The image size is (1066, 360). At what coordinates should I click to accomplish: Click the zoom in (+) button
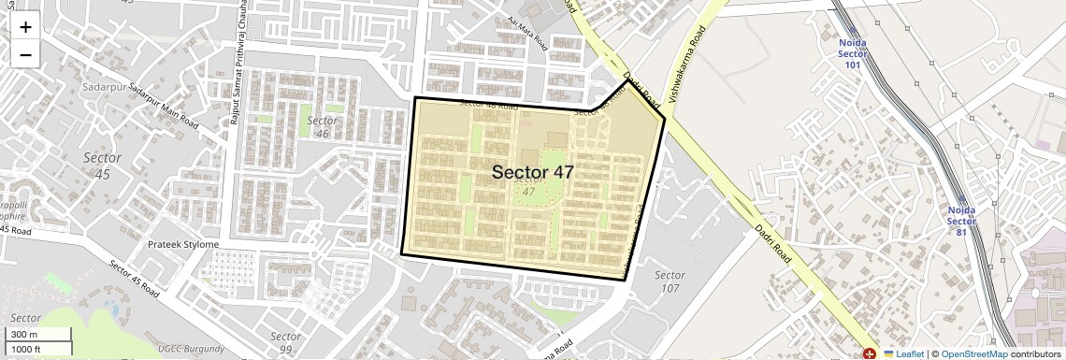pyautogui.click(x=25, y=27)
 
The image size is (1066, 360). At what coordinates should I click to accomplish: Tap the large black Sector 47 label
pyautogui.click(x=532, y=172)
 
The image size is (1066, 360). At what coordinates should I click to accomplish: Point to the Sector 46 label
pyautogui.click(x=322, y=127)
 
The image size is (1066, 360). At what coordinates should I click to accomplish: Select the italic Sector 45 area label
pyautogui.click(x=102, y=166)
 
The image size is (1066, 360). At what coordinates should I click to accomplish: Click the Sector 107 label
pyautogui.click(x=670, y=281)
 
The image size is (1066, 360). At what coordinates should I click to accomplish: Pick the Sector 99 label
pyautogui.click(x=285, y=342)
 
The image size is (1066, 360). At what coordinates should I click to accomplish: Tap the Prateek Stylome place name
pyautogui.click(x=183, y=245)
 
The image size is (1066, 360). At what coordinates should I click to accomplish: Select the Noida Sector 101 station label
pyautogui.click(x=853, y=53)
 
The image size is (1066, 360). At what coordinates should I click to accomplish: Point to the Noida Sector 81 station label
pyautogui.click(x=961, y=221)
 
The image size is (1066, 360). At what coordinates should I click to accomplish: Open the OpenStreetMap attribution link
pyautogui.click(x=973, y=353)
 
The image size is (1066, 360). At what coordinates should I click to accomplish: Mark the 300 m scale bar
pyautogui.click(x=37, y=335)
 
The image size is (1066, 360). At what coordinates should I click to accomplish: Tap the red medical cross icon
pyautogui.click(x=869, y=353)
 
